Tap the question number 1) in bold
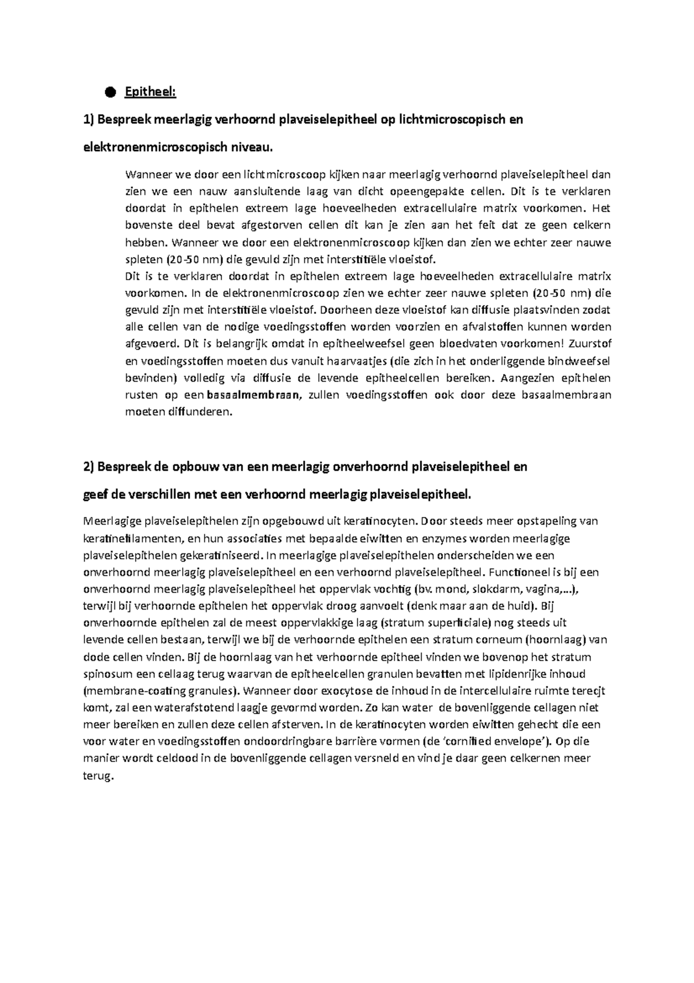coord(88,120)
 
